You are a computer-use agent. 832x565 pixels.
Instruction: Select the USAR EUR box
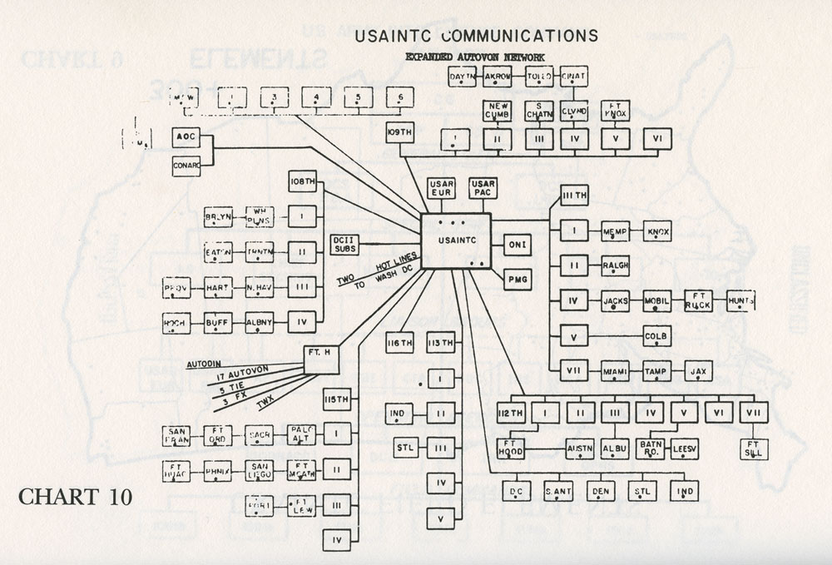tap(441, 188)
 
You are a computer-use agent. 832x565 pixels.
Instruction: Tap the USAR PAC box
tap(483, 188)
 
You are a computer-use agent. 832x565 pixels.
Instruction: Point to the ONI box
tap(517, 245)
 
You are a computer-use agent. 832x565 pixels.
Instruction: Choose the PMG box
tap(517, 279)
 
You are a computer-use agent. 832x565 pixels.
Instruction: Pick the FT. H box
tap(321, 354)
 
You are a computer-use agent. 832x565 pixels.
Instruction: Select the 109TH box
tap(399, 132)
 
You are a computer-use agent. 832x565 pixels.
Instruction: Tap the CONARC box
tap(186, 166)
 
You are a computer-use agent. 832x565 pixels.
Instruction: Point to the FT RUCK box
tap(698, 300)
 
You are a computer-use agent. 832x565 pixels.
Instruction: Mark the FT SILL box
tap(754, 448)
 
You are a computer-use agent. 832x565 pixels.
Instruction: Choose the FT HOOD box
tap(511, 448)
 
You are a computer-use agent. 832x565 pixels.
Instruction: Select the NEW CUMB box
tap(498, 110)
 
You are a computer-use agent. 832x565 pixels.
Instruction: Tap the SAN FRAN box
tap(177, 435)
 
